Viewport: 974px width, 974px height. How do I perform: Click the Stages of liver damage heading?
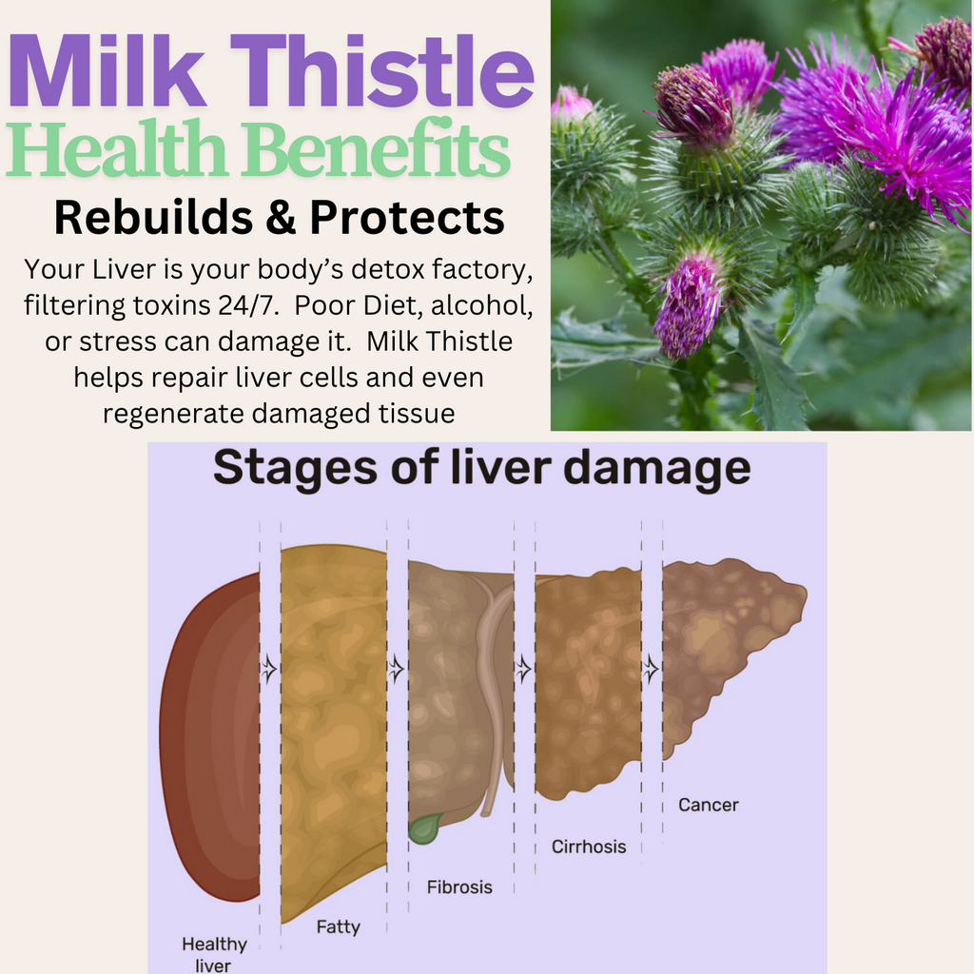pos(480,469)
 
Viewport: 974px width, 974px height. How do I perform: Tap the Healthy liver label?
pos(214,954)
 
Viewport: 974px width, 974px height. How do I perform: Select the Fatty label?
pos(338,925)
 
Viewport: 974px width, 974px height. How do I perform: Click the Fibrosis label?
pos(459,886)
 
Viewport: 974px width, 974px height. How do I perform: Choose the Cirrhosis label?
pos(589,846)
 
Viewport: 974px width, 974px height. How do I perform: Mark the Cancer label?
pos(708,805)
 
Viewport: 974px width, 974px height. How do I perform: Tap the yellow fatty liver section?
pos(333,723)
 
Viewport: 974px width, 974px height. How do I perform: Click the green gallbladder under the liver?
pos(423,828)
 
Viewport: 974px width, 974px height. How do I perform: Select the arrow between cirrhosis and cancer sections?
pos(652,669)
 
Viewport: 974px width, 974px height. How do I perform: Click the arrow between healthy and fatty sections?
pos(270,669)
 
